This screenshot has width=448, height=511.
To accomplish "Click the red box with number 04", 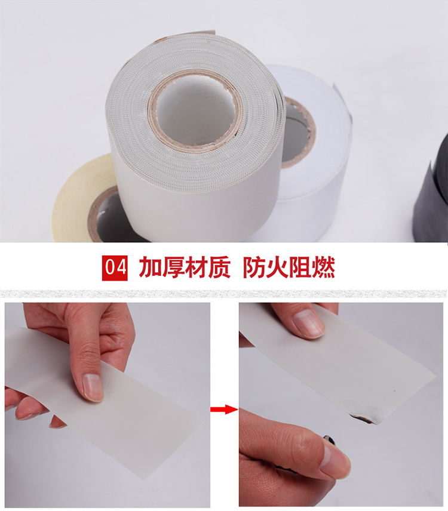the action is pos(115,268).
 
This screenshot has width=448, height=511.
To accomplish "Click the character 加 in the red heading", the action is pos(151,267).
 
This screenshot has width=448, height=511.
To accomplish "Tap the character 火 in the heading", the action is pos(277,267).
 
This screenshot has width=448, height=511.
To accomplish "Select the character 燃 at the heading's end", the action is pos(323,267).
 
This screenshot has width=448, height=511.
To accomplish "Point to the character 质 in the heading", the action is pos(219,267).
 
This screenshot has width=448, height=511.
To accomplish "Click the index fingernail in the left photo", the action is pos(92,387).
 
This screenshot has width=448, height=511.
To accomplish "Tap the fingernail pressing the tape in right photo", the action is pos(308,323).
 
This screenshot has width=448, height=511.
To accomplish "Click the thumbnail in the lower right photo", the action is pos(335,459).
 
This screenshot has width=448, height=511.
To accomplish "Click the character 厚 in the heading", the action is pos(173,267).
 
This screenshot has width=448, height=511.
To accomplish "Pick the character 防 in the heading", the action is pos(254,267).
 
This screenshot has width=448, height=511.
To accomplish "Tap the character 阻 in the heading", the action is pos(300,267).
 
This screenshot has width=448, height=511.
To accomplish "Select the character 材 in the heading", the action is pos(196,267).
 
